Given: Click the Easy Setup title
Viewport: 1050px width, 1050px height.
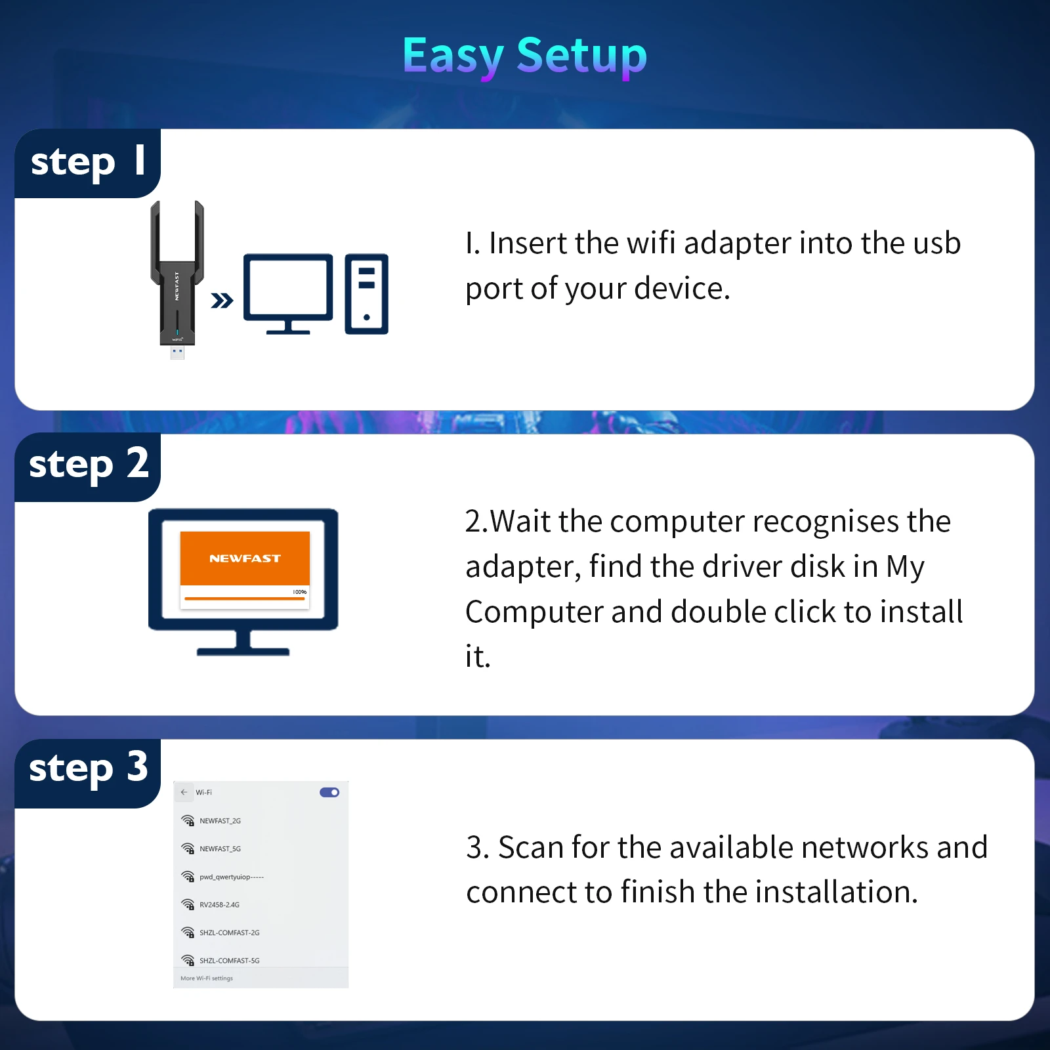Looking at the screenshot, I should [524, 56].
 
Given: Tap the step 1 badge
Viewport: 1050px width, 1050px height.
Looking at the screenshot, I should [87, 162].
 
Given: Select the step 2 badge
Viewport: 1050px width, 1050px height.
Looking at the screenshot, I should [88, 465].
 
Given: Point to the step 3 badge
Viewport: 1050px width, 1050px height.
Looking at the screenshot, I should [88, 768].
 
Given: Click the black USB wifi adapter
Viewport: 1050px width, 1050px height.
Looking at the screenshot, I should [177, 279].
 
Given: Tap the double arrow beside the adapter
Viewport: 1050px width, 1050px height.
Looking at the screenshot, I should [222, 301].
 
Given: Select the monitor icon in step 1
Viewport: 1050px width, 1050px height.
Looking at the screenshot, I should [288, 293].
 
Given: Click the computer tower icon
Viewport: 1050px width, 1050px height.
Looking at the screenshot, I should [366, 293].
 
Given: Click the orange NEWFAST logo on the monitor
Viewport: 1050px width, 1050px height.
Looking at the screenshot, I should [245, 558].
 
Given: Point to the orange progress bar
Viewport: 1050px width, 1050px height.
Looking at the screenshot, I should [244, 598].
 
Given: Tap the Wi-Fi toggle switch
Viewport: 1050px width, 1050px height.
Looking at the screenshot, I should [329, 792].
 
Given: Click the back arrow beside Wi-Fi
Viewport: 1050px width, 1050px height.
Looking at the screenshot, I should [184, 792].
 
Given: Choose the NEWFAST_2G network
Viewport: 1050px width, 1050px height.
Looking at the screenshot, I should [220, 821].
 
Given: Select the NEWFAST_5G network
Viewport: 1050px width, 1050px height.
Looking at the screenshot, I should [220, 849].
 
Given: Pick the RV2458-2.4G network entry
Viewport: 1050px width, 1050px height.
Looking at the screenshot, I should [219, 905].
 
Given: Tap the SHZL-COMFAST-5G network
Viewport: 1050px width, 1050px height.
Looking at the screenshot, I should [229, 961].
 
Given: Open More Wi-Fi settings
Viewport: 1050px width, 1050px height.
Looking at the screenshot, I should [207, 978].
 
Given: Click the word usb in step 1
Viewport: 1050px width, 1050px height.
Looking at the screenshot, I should [936, 244].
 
